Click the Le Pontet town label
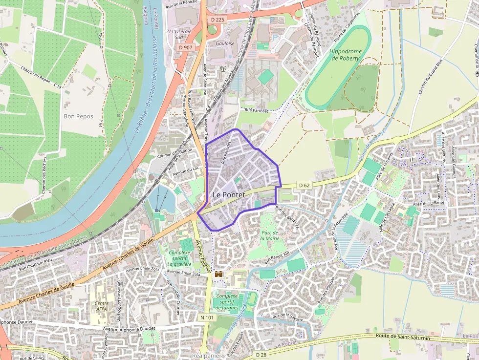(229, 194)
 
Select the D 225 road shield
(218, 19)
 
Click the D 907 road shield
(185, 47)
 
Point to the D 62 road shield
(304, 185)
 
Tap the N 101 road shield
(207, 318)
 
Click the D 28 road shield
(261, 354)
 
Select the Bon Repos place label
(78, 116)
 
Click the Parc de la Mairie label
(269, 235)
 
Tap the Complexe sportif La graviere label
(179, 258)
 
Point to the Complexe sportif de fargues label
(227, 301)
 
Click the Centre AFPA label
(102, 306)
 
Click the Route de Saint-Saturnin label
(403, 337)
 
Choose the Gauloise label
(225, 43)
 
